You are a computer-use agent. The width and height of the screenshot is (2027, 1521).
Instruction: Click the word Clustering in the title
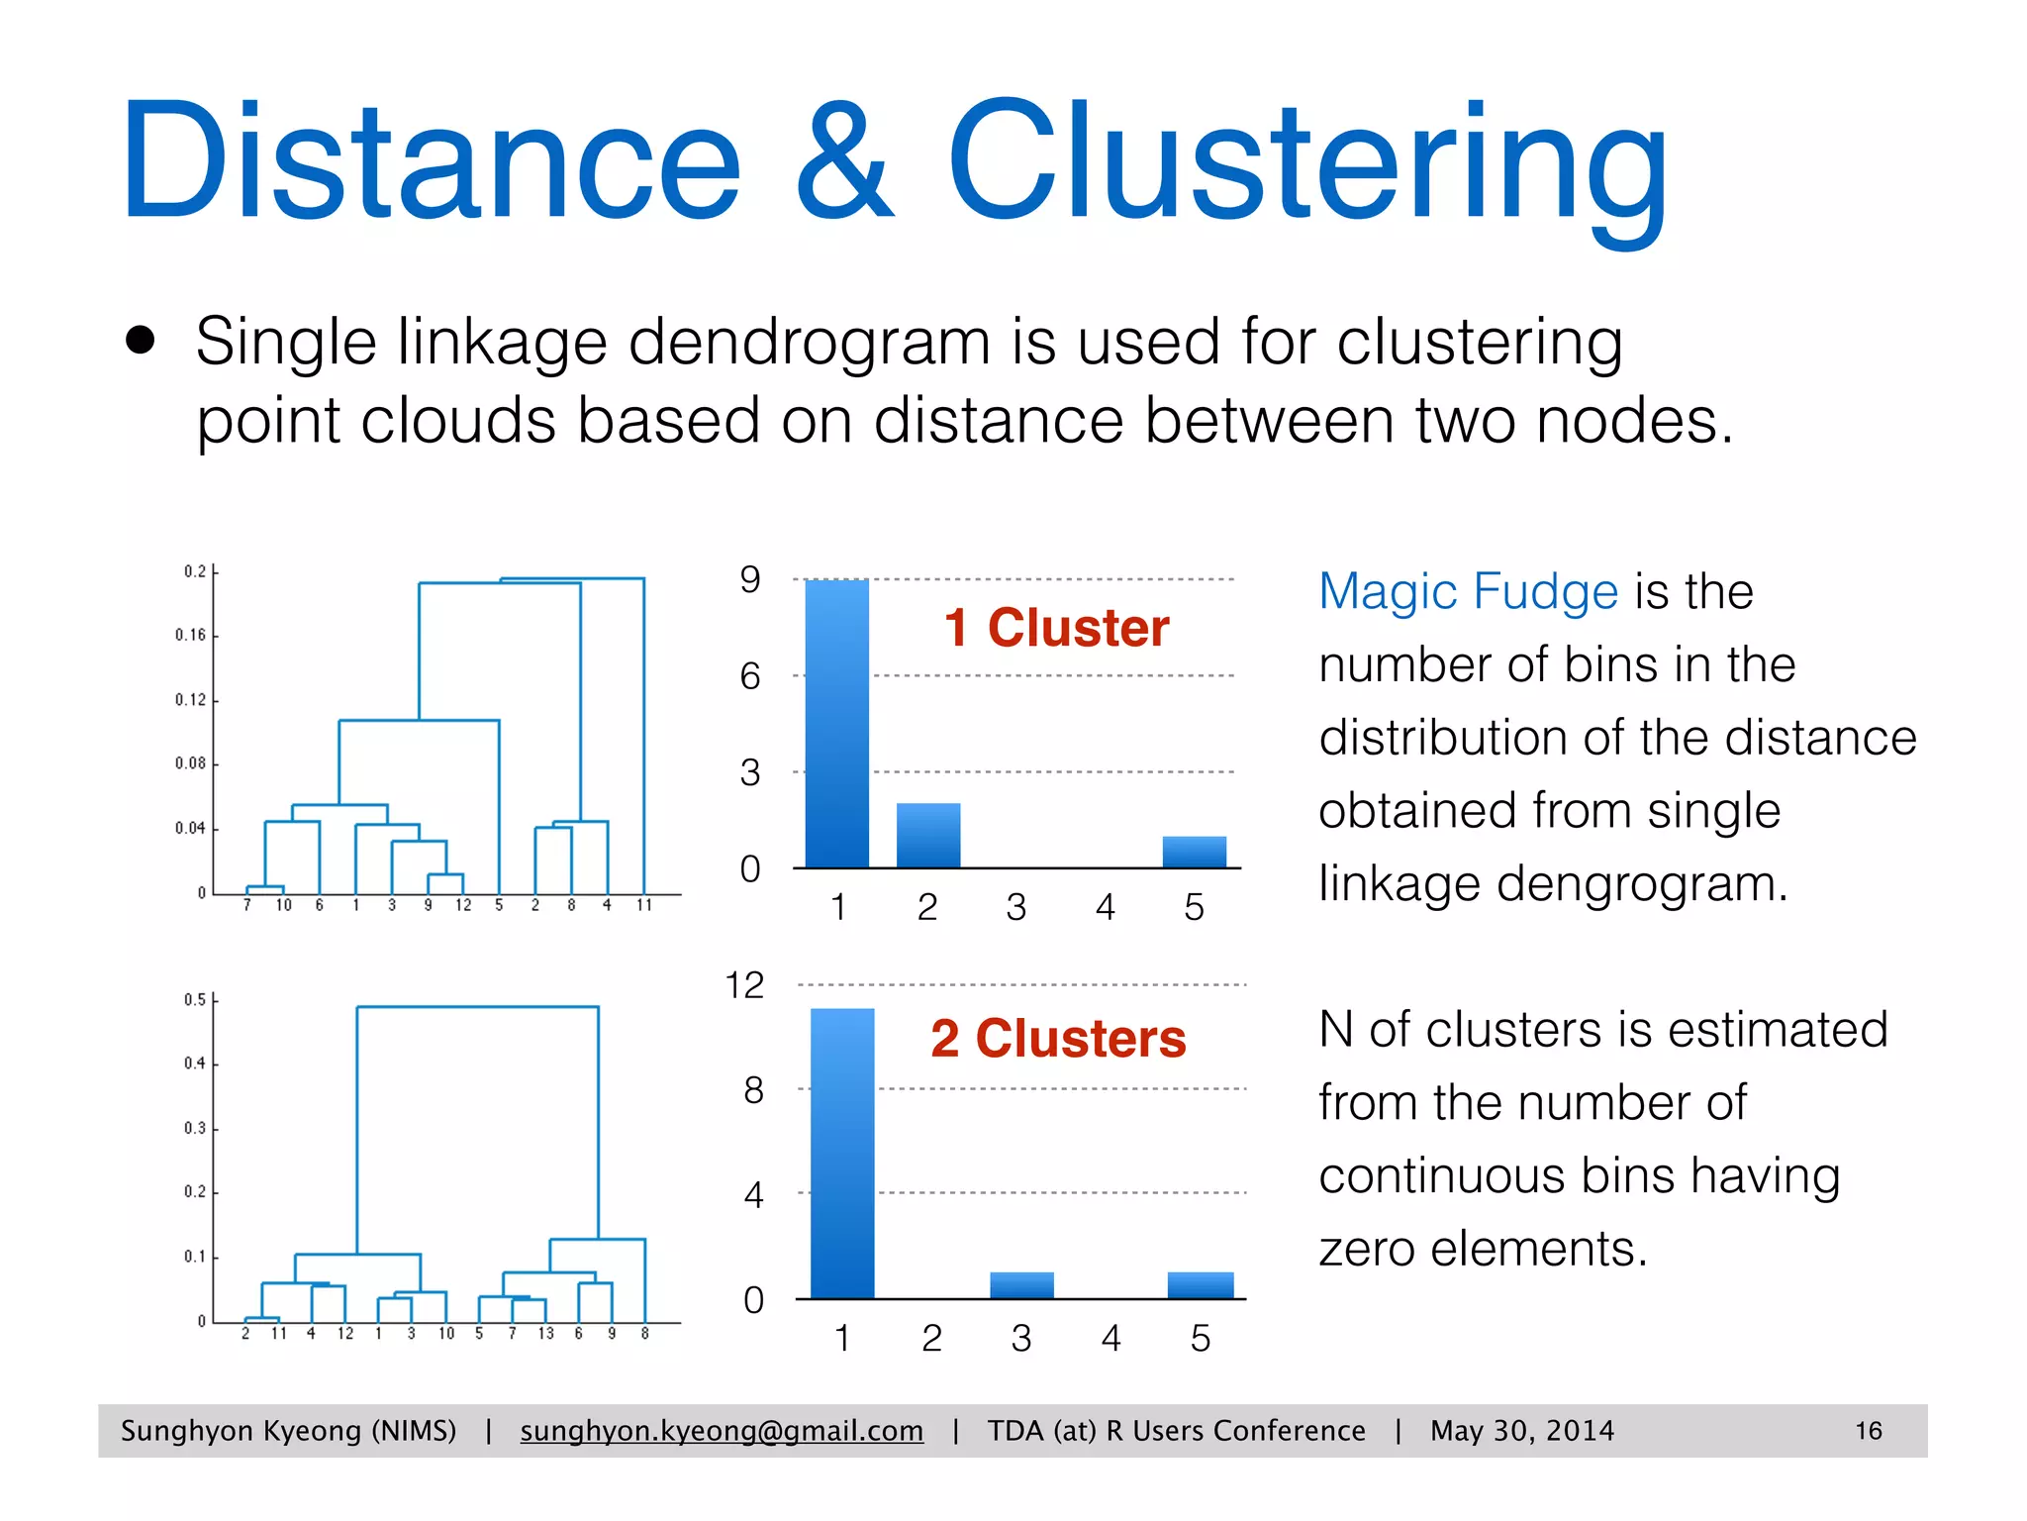pos(1306,163)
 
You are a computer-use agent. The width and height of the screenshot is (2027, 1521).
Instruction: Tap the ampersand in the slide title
pos(844,163)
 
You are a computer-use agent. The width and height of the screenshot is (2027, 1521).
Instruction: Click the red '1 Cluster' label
pos(1056,628)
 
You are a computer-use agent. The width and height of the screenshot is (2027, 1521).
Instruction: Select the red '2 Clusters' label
pos(1057,1039)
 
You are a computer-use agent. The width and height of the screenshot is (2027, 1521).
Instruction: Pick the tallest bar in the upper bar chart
pos(836,723)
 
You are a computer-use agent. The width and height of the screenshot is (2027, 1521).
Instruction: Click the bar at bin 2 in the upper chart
pos(927,836)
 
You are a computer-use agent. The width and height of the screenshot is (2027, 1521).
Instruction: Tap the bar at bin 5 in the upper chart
pos(1194,853)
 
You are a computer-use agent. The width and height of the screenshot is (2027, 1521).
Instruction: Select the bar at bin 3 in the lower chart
pos(1021,1285)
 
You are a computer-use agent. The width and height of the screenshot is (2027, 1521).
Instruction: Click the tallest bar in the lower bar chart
pos(842,1154)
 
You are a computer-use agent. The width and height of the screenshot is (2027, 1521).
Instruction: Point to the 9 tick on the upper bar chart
pos(750,580)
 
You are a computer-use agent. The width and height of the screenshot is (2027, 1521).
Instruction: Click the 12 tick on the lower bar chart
pos(744,985)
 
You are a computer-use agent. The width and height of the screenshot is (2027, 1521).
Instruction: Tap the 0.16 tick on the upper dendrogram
pos(190,635)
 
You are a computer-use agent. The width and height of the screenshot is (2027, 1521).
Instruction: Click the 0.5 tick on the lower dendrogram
pos(194,1000)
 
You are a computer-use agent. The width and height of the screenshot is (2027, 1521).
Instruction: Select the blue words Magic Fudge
pos(1468,591)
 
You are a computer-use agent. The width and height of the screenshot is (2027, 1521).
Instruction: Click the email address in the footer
pos(722,1431)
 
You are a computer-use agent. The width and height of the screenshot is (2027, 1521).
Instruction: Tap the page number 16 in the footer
pos(1868,1431)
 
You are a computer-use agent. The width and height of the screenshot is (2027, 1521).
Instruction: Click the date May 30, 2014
pos(1521,1431)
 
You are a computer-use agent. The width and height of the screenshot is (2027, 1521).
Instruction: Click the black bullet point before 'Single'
pos(142,341)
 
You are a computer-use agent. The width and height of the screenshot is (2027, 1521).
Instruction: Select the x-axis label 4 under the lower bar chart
pos(1110,1339)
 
